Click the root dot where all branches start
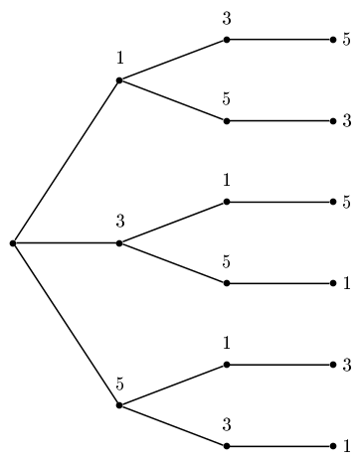12,242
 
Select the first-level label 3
119,221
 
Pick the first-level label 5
119,384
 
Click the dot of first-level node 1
119,79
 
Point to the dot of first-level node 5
119,405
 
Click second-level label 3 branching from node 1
227,19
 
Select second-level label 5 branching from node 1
227,100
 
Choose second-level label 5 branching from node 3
227,262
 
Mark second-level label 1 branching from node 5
227,344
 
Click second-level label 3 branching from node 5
227,425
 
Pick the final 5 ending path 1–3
346,40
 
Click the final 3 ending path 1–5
346,121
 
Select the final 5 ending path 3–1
346,203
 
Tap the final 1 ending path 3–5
346,284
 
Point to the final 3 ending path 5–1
346,366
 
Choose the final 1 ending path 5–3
346,446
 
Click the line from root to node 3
66,242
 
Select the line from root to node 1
66,161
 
